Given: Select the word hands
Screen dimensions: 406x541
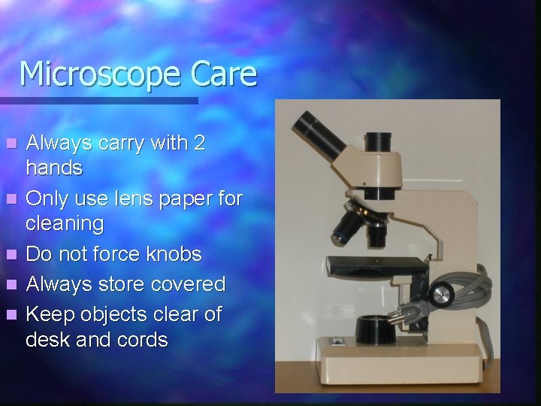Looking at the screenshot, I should point(54,167).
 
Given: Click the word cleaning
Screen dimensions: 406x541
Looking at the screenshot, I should point(65,223).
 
